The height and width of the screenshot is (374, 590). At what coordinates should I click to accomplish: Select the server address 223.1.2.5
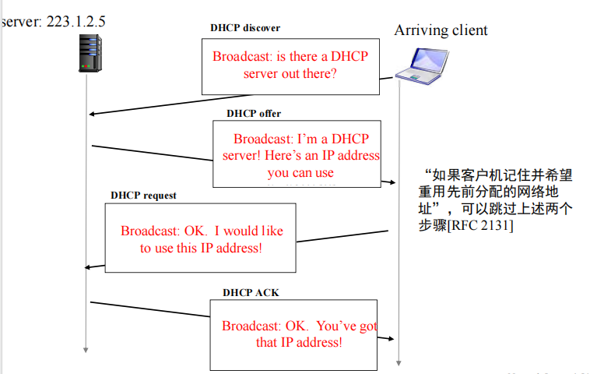coord(76,22)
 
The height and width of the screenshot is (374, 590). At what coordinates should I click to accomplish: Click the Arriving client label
coord(441,30)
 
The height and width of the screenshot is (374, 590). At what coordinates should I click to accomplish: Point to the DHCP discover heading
coord(245,28)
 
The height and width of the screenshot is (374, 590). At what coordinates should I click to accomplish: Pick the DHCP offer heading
coord(254,114)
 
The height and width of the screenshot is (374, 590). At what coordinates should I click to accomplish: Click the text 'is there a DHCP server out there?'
coord(290,65)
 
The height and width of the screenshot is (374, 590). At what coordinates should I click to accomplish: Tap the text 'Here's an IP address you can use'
coord(300,164)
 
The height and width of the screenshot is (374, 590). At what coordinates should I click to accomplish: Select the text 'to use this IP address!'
coord(201,248)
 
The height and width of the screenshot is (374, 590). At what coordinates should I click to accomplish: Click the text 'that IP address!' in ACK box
coord(299,342)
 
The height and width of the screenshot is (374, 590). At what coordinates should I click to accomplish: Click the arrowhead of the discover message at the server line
coord(92,115)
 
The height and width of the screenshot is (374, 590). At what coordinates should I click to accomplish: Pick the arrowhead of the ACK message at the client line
coord(394,339)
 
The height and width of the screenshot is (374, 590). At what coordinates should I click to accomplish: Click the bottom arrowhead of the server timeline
coord(86,349)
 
